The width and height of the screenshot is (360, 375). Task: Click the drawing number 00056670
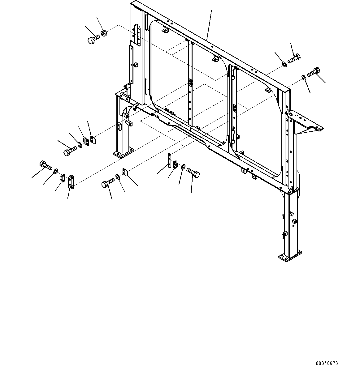[x=327, y=364]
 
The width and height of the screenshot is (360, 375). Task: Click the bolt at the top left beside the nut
[x=93, y=40]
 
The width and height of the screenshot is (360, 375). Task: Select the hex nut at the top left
[x=104, y=33]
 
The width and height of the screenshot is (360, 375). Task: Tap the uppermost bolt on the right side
[x=294, y=58]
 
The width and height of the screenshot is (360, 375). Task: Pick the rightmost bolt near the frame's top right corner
[x=314, y=72]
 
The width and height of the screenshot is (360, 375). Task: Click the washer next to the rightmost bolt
[x=304, y=77]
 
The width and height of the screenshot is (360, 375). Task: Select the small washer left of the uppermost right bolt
[x=284, y=64]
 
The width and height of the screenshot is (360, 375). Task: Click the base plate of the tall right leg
[x=290, y=256]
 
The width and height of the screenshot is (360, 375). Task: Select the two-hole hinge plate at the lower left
[x=71, y=182]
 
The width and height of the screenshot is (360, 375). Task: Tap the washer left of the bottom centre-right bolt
[x=183, y=167]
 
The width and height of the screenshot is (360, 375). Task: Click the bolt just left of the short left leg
[x=70, y=151]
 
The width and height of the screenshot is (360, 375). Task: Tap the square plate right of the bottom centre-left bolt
[x=125, y=172]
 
